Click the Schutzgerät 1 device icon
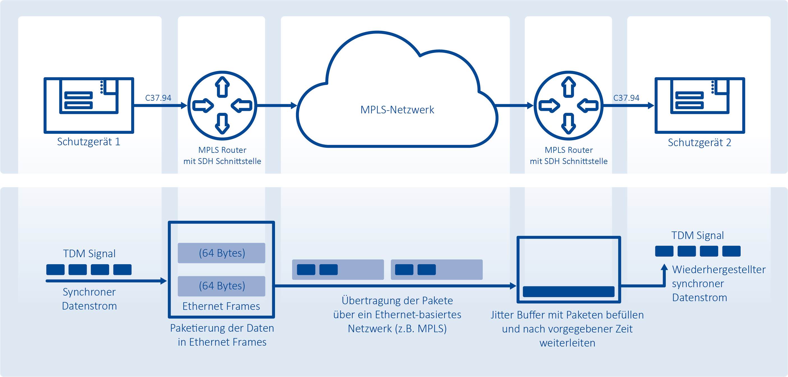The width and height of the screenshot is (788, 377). pos(89,106)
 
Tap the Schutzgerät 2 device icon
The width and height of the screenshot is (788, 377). pos(700,106)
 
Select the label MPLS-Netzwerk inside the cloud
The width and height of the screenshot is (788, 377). pos(397,110)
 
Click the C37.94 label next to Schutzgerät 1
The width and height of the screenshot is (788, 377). pos(158,98)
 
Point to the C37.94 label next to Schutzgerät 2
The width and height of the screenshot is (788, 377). pos(626,98)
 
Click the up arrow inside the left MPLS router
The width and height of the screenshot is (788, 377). pos(222,87)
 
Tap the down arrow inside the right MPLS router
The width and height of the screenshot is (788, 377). pos(569,124)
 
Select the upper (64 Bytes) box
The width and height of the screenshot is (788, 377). pos(221,253)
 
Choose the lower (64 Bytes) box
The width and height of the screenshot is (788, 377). pos(221,286)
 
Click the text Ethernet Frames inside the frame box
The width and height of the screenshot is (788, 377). pos(221,306)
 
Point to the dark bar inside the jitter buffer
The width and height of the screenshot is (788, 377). pos(569,291)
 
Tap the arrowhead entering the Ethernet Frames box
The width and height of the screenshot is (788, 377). pos(164,281)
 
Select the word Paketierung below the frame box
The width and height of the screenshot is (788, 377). pos(197,328)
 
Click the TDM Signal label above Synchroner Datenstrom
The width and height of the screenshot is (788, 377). pos(89,254)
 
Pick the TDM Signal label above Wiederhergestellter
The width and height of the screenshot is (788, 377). pos(697,235)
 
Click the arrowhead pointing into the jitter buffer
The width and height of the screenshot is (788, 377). pos(513,286)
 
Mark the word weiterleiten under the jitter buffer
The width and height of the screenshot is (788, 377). pos(567,343)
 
